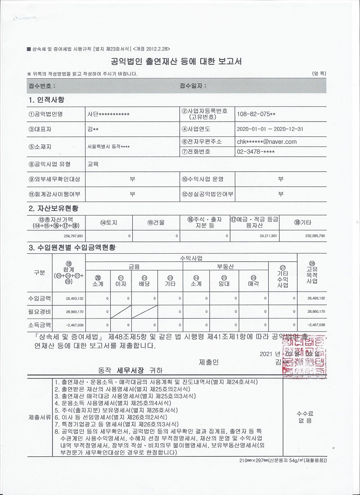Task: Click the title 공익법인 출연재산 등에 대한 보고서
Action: pyautogui.click(x=176, y=62)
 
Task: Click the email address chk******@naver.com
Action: pyautogui.click(x=267, y=141)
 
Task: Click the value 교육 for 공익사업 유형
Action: pyautogui.click(x=93, y=165)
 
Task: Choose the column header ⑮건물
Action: pyautogui.click(x=156, y=222)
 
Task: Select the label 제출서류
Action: pyautogui.click(x=39, y=416)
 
